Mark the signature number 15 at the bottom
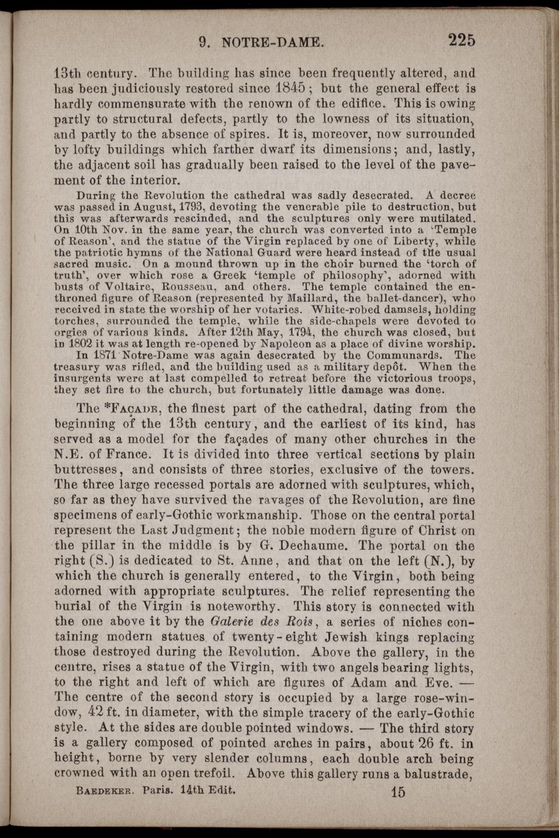[398, 792]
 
